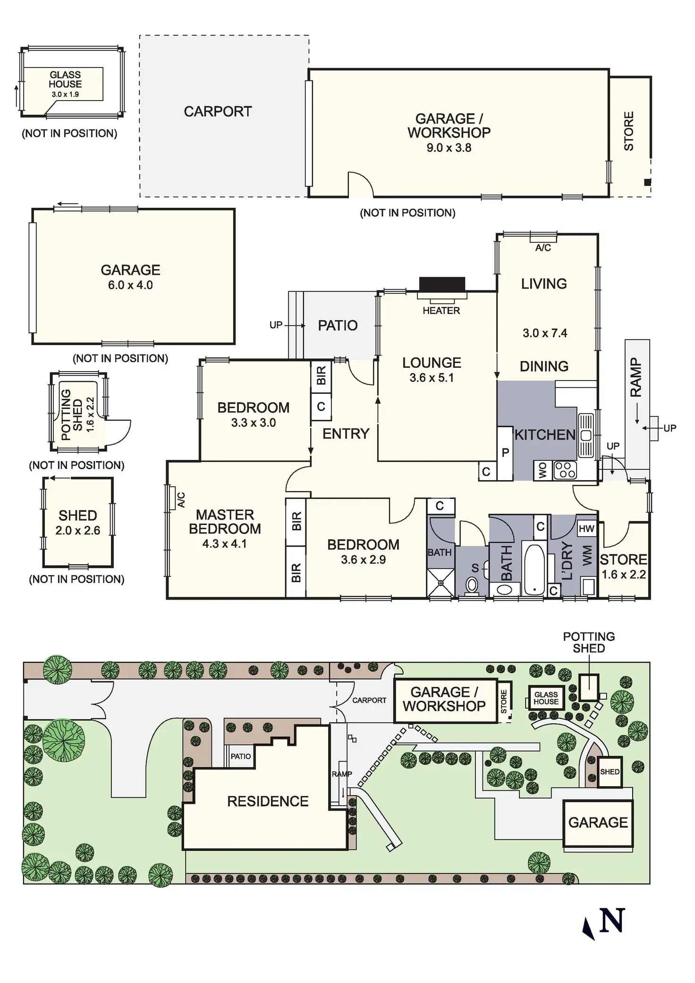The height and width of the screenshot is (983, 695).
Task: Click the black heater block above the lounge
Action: (x=442, y=285)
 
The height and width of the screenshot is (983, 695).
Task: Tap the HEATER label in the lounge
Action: (x=441, y=311)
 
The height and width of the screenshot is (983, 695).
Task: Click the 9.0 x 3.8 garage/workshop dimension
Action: (x=449, y=148)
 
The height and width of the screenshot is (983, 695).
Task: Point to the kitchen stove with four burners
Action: (x=565, y=470)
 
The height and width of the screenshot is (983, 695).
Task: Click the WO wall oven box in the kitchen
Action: (x=542, y=470)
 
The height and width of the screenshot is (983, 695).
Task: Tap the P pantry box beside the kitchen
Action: (x=505, y=453)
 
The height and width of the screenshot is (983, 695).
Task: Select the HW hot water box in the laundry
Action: (x=586, y=529)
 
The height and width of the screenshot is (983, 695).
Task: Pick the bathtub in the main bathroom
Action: (x=534, y=569)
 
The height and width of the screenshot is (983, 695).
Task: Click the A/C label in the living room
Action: (x=543, y=248)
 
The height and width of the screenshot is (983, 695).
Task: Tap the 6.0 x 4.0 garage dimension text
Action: (x=130, y=285)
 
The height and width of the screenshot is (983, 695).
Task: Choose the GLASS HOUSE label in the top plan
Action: (x=65, y=79)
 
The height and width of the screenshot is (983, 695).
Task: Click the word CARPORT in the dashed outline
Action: (x=218, y=112)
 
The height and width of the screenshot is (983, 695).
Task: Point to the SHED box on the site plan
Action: (x=610, y=772)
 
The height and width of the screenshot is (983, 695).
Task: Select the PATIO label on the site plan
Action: (x=240, y=756)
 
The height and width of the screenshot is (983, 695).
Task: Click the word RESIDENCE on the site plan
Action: (x=268, y=801)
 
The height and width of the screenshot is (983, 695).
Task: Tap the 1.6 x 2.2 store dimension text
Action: (x=623, y=575)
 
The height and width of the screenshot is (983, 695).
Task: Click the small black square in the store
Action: (x=647, y=182)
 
